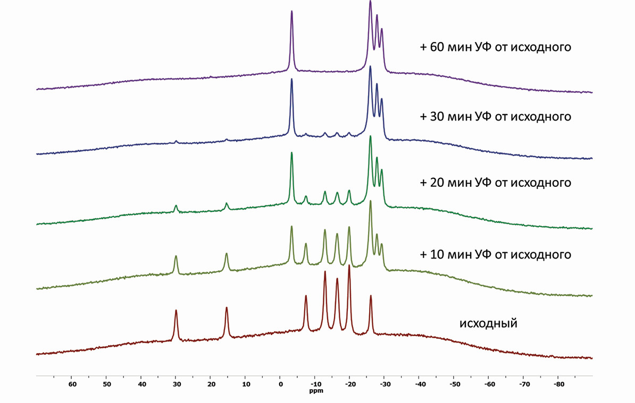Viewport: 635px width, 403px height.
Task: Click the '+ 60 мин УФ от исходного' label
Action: (496, 47)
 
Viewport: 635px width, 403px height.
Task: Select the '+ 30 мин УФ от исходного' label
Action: (496, 116)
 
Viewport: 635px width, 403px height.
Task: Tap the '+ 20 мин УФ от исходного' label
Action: (496, 183)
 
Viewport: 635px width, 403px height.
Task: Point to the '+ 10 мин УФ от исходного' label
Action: (496, 254)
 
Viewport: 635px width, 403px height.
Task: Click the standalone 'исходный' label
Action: (488, 322)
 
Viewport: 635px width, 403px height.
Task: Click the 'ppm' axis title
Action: (315, 391)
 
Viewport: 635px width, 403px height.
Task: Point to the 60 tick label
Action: (72, 384)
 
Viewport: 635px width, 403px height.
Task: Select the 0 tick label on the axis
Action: (280, 384)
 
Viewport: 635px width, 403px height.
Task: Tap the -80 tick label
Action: (558, 384)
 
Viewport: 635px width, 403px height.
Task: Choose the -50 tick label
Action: (454, 384)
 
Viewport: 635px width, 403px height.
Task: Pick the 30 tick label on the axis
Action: (176, 384)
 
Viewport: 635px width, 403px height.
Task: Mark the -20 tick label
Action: (350, 384)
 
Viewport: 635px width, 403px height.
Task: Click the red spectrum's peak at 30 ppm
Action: (176, 311)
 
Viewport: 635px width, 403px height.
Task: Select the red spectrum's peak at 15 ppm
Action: (227, 308)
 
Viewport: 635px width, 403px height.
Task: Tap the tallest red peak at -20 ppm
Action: (349, 267)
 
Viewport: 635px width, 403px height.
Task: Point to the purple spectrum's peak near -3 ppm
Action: (291, 12)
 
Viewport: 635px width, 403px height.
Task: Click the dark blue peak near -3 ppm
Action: (291, 80)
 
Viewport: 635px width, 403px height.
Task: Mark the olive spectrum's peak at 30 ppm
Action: (176, 257)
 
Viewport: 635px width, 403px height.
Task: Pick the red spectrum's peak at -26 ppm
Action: (371, 296)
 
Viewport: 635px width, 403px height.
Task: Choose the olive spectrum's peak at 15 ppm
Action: (227, 254)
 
